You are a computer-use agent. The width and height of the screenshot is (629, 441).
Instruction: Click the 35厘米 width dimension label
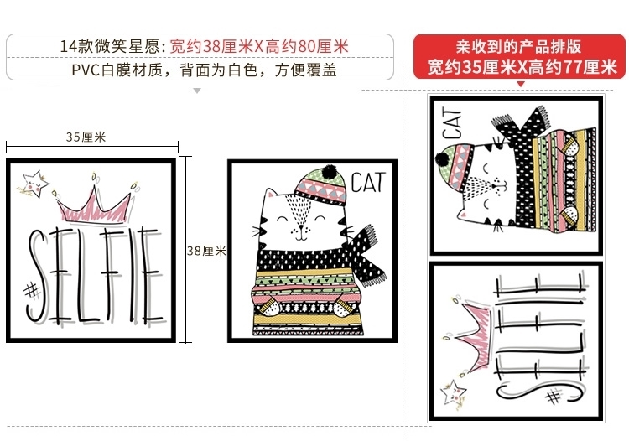pos(86,137)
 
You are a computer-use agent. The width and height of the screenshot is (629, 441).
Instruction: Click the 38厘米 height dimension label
pos(207,251)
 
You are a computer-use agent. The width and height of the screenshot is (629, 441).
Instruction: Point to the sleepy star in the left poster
pos(34,184)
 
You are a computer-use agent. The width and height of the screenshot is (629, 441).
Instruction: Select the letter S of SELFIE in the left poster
pos(37,277)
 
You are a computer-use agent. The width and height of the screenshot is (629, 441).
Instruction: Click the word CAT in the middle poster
pos(368,183)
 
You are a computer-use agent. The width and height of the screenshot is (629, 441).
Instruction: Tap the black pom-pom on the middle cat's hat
pos(329,172)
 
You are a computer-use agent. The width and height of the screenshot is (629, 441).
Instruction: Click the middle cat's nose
pos(301,227)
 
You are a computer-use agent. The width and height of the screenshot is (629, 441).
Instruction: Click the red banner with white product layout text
pos(519,56)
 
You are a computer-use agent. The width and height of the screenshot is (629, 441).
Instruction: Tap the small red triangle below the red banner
pos(521,84)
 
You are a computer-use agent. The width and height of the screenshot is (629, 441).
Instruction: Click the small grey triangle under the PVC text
pos(197,91)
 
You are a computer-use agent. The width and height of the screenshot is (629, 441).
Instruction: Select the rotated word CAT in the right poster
pos(452,122)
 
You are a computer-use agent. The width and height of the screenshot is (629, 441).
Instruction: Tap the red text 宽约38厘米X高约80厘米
pos(259,46)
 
